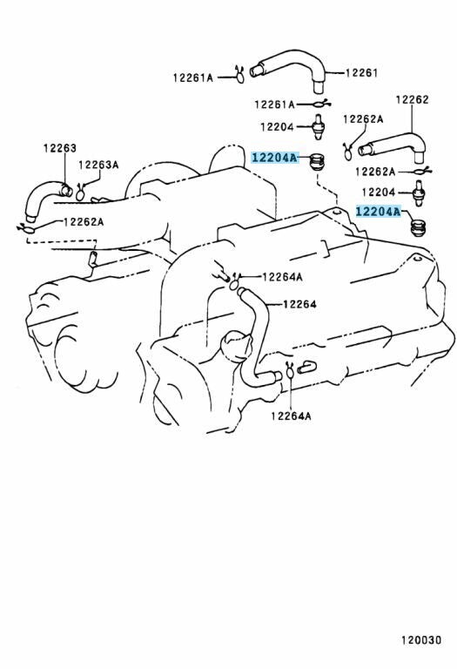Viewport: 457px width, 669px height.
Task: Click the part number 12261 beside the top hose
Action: pos(361,73)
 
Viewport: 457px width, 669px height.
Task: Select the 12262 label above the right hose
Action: pos(412,99)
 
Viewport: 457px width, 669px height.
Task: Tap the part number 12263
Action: pos(60,148)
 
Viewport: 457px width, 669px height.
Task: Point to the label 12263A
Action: pos(98,165)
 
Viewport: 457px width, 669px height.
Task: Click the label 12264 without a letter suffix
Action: pos(299,304)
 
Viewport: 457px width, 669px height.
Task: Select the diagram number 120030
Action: pos(421,640)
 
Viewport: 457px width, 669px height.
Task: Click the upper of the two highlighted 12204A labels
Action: pos(273,158)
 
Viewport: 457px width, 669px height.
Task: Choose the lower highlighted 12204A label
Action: pos(378,211)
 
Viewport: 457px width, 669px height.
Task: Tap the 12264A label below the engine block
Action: pos(291,416)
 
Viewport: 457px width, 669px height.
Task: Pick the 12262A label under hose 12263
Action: pos(84,222)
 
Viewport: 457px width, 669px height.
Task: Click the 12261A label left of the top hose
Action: pos(192,78)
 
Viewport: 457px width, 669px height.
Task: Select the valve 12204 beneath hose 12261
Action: pos(317,126)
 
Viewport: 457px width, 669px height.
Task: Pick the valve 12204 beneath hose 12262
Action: pos(419,193)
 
